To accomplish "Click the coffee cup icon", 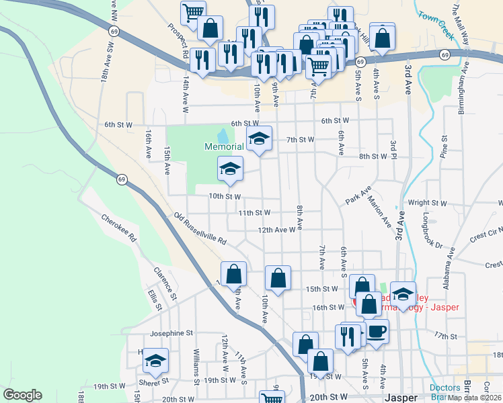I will click(377, 331).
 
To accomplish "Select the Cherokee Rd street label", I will click(119, 228).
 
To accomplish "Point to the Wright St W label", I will click(428, 202).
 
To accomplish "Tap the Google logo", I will click(22, 395).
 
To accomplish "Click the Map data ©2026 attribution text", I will click(474, 398).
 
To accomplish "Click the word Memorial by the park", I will click(224, 146).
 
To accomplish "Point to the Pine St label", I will click(444, 149).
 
